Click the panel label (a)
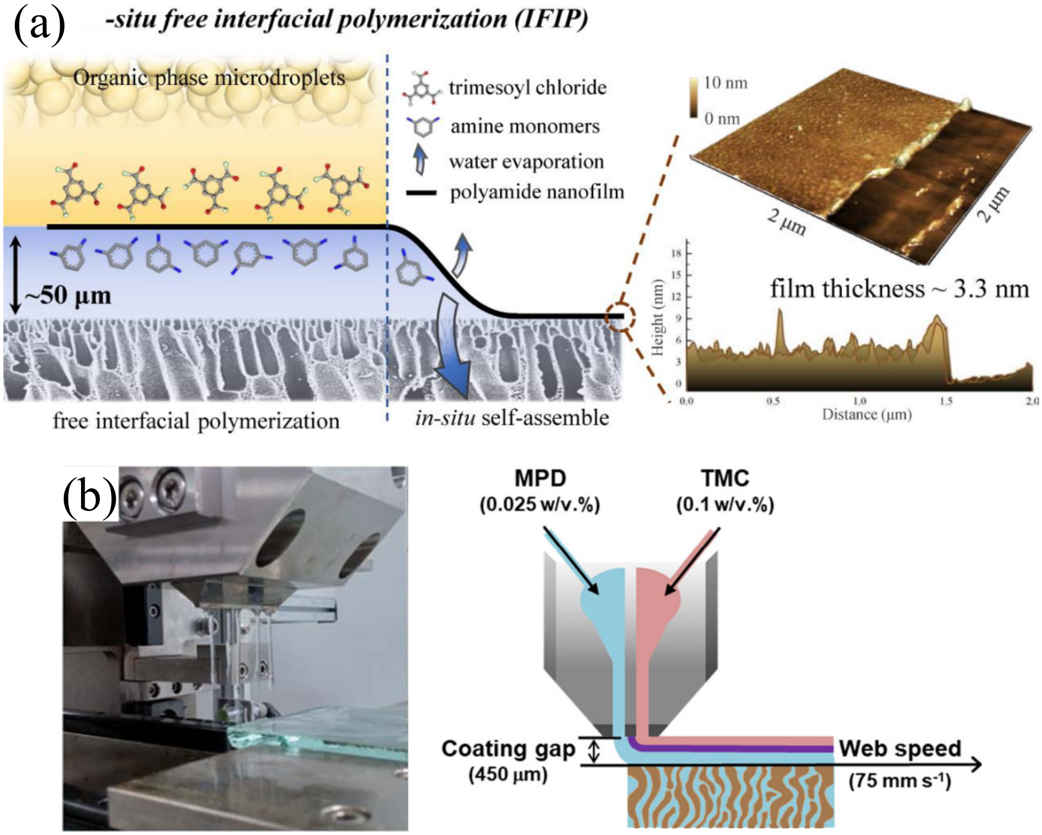[x=39, y=24]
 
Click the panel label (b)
[x=90, y=495]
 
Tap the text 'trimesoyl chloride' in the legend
[x=527, y=88]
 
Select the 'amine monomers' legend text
[x=525, y=126]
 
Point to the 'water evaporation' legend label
[x=526, y=162]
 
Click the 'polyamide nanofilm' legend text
[x=537, y=192]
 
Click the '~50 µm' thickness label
[x=68, y=295]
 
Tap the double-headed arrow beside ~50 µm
[x=16, y=277]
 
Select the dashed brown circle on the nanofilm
[x=620, y=317]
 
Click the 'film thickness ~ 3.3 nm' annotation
[x=899, y=289]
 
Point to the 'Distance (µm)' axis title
[x=867, y=414]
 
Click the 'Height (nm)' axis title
[x=657, y=318]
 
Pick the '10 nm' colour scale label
[x=725, y=83]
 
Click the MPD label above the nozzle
[x=540, y=478]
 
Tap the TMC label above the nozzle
[x=725, y=478]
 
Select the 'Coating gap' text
[x=508, y=749]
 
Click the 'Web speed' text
[x=900, y=748]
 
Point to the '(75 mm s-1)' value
[x=900, y=781]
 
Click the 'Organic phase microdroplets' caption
[x=209, y=78]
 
